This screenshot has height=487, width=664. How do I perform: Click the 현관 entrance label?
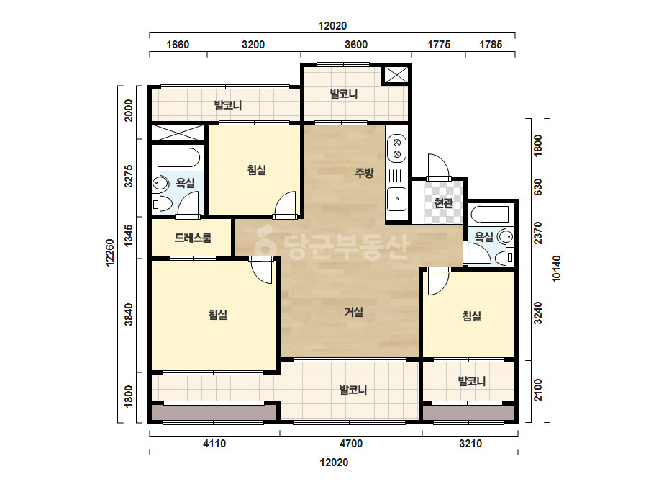(443, 202)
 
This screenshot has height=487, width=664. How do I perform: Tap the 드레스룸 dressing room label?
(193, 238)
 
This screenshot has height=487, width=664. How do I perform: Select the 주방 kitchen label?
(364, 173)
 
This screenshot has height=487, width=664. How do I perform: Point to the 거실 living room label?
(354, 312)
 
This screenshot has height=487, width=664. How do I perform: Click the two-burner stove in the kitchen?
(397, 148)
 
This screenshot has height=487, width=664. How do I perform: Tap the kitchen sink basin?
(397, 199)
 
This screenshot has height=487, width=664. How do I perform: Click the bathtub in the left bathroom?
(178, 157)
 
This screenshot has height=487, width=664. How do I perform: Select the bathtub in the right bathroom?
(489, 214)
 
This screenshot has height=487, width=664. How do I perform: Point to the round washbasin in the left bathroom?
(160, 184)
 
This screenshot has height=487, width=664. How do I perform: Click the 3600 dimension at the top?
(356, 45)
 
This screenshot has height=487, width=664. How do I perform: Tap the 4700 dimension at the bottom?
(351, 444)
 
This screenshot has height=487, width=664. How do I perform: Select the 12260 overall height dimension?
(110, 254)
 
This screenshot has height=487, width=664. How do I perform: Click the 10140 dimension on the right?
(556, 268)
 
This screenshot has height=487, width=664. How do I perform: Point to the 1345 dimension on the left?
(129, 236)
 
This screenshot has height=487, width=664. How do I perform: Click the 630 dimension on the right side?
(538, 187)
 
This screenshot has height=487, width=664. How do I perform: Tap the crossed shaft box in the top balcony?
(396, 75)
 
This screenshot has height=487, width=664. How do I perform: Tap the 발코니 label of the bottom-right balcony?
(472, 381)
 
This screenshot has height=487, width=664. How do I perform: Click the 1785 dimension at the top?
(491, 45)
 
